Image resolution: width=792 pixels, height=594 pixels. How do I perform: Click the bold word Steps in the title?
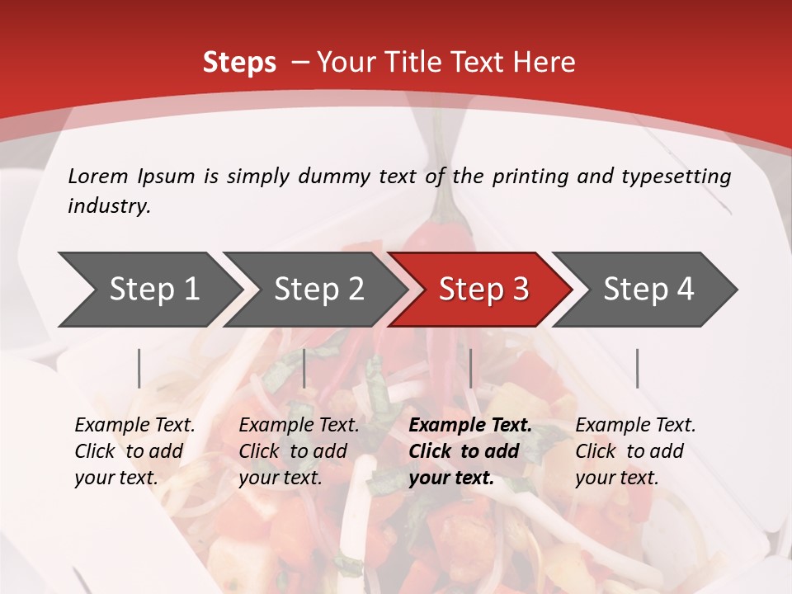pyautogui.click(x=239, y=63)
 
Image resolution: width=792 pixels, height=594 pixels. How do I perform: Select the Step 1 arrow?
pyautogui.click(x=148, y=289)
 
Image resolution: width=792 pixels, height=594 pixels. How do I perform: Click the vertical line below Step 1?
pyautogui.click(x=139, y=368)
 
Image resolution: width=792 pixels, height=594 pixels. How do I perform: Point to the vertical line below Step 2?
pyautogui.click(x=304, y=368)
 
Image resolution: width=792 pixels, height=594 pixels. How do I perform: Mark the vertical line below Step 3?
pyautogui.click(x=470, y=368)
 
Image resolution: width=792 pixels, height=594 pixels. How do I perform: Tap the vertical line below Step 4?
pyautogui.click(x=637, y=368)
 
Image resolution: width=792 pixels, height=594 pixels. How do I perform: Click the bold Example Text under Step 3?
pyautogui.click(x=470, y=426)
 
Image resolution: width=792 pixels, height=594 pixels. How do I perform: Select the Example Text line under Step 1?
pyautogui.click(x=134, y=426)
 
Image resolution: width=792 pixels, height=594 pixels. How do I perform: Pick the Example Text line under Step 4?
pyautogui.click(x=635, y=426)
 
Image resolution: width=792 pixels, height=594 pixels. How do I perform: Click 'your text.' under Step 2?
pyautogui.click(x=280, y=478)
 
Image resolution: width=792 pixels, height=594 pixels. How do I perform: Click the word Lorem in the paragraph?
pyautogui.click(x=98, y=177)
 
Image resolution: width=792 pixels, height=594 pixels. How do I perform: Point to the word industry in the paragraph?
pyautogui.click(x=109, y=206)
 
